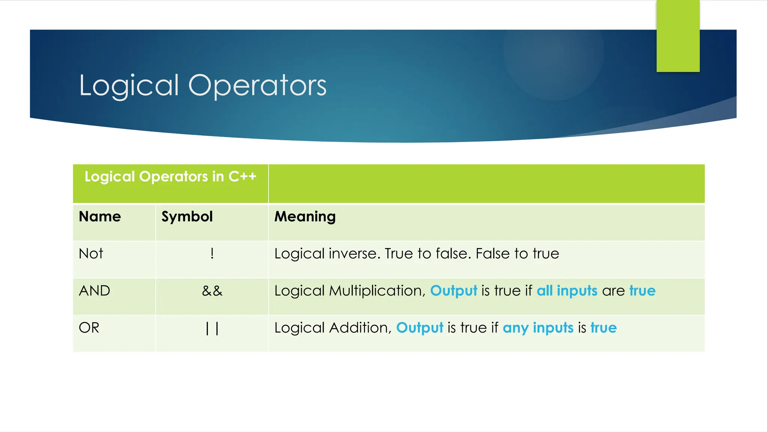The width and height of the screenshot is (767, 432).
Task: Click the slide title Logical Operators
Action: pos(203,86)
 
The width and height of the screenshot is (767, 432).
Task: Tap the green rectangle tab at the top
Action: pos(678,36)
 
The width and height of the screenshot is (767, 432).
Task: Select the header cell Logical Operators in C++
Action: pos(170,177)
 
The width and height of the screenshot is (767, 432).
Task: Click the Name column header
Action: pos(100,217)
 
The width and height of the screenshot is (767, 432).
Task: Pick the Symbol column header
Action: pos(187,217)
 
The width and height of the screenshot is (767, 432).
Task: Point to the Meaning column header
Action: pos(305,217)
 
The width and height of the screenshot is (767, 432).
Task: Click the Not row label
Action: pos(91,254)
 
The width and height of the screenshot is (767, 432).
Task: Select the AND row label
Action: pos(94,291)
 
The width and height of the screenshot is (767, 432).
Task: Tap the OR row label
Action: pos(89,328)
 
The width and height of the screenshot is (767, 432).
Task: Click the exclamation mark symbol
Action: pos(212,254)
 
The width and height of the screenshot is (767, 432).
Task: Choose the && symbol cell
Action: pos(212,291)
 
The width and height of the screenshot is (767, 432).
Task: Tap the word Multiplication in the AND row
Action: pos(377,291)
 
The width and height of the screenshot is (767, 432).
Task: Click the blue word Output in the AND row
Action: pos(454,291)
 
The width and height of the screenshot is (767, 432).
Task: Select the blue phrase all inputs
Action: pos(567,291)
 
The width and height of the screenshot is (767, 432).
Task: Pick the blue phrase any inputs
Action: pos(538,328)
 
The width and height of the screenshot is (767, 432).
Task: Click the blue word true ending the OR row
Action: pos(603,328)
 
